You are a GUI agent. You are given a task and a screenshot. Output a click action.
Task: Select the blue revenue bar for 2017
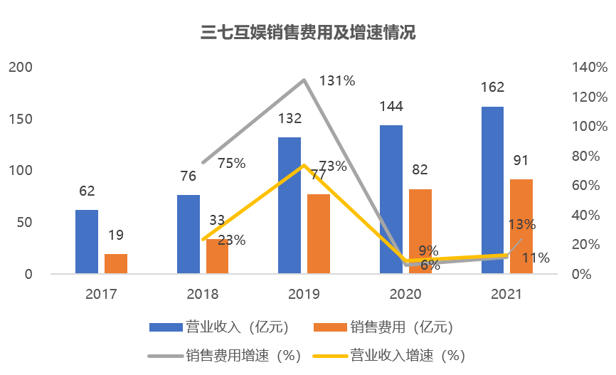(87, 241)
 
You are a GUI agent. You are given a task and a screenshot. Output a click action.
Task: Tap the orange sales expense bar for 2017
(116, 263)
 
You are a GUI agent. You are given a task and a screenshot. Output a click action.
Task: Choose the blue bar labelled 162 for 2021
(492, 190)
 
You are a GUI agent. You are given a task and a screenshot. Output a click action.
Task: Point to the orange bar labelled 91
(521, 226)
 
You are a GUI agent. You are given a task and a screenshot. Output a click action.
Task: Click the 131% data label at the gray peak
(337, 80)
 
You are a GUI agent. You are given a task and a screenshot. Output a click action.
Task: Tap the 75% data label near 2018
(231, 163)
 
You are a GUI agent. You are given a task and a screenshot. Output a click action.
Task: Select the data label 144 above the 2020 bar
(391, 107)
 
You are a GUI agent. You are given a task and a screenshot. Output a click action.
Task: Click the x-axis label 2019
(304, 294)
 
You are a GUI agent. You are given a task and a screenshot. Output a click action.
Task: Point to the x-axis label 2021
(507, 294)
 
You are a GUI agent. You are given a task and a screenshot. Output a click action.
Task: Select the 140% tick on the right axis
(590, 68)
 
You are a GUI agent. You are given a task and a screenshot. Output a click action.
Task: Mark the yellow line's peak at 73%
(304, 166)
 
